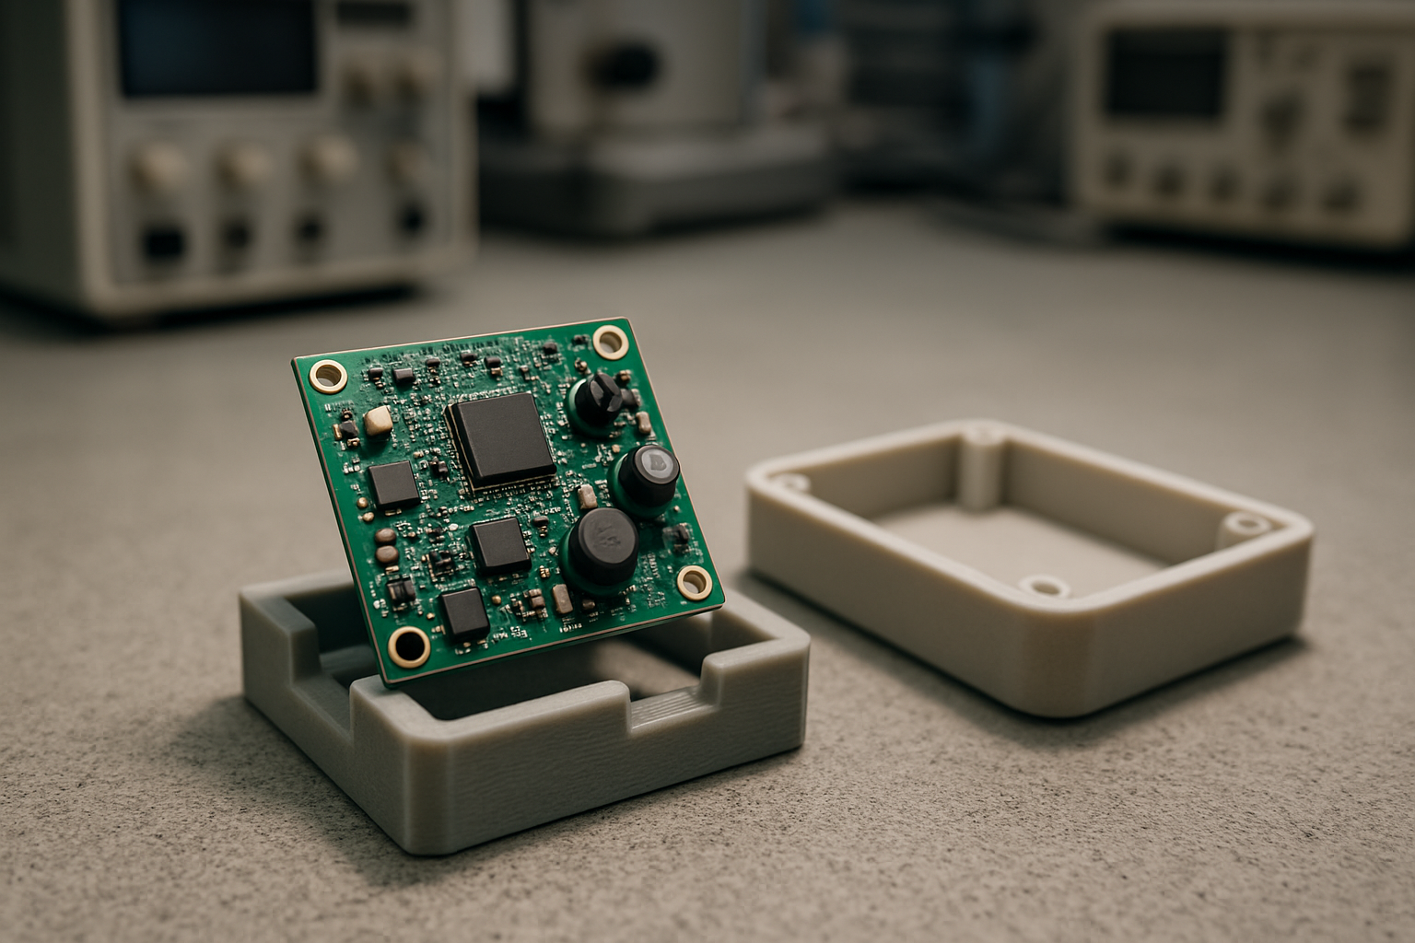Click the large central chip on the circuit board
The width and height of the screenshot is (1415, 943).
click(500, 439)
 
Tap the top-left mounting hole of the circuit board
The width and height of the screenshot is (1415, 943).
click(326, 378)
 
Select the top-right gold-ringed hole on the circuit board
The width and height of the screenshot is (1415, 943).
click(610, 341)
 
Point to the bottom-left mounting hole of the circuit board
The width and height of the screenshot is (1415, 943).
click(405, 646)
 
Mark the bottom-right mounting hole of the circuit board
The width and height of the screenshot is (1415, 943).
click(694, 580)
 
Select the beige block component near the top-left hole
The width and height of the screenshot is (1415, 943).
click(379, 422)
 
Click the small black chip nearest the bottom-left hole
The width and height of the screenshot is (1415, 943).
click(463, 614)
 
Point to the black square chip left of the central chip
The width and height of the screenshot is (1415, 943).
click(394, 484)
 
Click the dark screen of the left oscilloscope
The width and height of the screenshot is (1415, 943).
click(217, 48)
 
